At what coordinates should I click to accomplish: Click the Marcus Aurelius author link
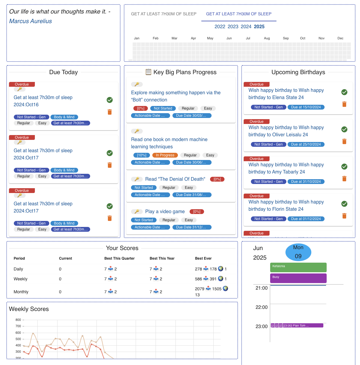coord(30,21)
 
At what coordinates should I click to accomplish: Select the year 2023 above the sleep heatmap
coord(233,27)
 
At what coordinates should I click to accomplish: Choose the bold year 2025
coord(259,27)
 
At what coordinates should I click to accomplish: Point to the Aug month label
coord(267,38)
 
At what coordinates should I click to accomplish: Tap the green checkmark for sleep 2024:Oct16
coord(110,100)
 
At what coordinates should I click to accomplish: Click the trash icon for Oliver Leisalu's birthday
coord(344,141)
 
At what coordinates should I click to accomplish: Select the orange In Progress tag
coord(165,155)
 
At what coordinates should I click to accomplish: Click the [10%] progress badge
coord(142,155)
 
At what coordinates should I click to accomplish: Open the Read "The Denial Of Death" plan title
coord(175,179)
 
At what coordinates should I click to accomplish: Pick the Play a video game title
coord(165,212)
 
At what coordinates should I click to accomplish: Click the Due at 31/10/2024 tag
coord(306,182)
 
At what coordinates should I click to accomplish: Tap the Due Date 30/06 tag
coord(192,162)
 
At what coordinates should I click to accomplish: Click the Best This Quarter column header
coord(119,258)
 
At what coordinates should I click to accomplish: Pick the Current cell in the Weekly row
coord(60,279)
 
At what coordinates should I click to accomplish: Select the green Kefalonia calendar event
coord(298,267)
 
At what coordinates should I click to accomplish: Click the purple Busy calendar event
coord(298,278)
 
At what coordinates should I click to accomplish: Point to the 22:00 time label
coord(261,307)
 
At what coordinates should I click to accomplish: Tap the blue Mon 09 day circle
coord(298,252)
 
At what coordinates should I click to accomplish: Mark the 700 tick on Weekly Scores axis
coord(18,326)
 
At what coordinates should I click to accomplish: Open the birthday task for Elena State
coord(286,94)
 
